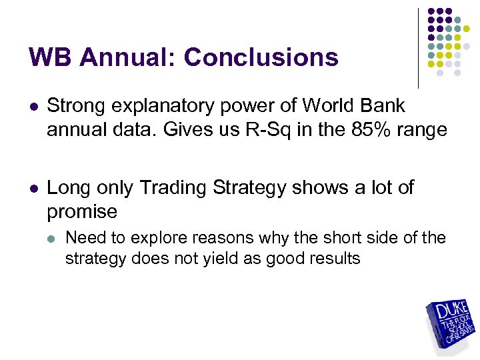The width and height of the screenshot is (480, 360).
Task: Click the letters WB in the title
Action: [x=53, y=57]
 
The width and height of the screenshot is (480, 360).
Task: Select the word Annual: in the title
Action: [x=131, y=57]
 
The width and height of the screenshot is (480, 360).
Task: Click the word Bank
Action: [x=383, y=106]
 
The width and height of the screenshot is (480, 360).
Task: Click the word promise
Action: [x=82, y=212]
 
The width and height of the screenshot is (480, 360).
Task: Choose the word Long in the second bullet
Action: [x=68, y=188]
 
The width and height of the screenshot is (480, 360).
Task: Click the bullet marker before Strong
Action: [x=32, y=107]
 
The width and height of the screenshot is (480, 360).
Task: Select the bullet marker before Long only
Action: [x=32, y=189]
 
